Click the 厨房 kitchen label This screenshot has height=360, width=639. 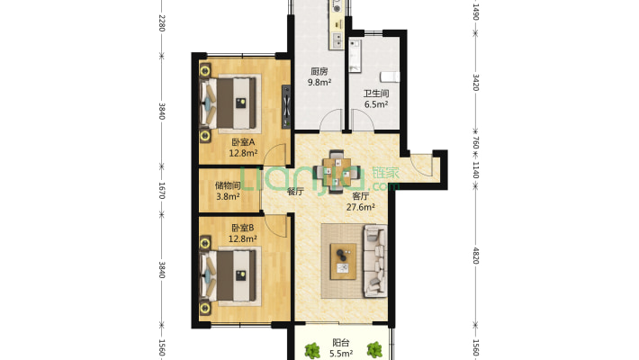point(319,72)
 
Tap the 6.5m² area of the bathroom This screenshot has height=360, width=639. point(375,104)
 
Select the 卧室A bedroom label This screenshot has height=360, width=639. point(243,142)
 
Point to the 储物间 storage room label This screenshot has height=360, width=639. point(228,186)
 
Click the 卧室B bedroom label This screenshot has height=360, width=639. point(242,228)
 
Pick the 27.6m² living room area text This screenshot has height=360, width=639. point(361,207)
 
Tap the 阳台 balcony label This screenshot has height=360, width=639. point(341,343)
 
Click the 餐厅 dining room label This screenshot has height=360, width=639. point(295,191)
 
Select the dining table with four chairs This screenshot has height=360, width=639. point(337,171)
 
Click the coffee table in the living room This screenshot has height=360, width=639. point(343,261)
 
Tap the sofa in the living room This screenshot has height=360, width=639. point(375,261)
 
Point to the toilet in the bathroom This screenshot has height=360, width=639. point(390,76)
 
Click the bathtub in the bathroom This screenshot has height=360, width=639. point(355,56)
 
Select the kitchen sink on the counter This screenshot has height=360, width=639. point(337,39)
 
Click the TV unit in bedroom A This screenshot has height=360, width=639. point(286,107)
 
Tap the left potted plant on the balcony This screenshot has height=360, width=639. point(312,350)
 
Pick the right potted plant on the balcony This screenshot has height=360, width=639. point(374,350)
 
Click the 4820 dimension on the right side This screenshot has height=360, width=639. point(475,256)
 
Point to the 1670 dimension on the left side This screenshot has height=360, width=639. point(161,191)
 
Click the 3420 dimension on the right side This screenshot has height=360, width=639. point(475,83)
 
